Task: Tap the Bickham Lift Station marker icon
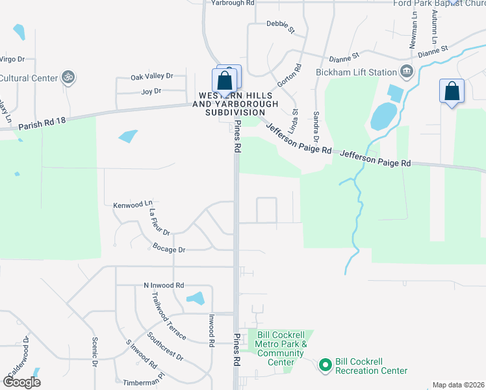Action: (407, 71)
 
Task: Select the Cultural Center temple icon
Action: (67, 78)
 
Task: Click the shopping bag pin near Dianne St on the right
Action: (452, 92)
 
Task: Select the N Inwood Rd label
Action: (164, 285)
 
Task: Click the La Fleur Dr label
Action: (159, 222)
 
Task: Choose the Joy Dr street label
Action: (151, 92)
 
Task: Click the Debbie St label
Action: (280, 30)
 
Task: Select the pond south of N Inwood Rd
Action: (195, 299)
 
